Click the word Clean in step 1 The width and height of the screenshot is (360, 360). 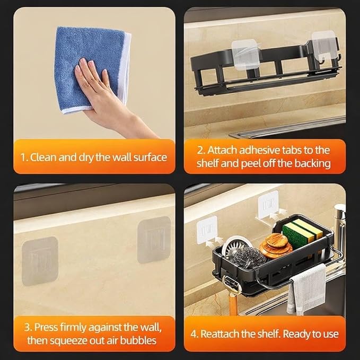click(x=43, y=157)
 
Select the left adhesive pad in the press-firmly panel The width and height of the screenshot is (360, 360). click(x=40, y=261)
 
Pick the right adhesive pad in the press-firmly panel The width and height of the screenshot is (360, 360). click(x=154, y=240)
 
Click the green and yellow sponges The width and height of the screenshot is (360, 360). click(x=302, y=231)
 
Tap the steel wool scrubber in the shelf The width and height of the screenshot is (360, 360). click(x=249, y=257)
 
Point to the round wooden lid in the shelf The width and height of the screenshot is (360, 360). click(x=276, y=245)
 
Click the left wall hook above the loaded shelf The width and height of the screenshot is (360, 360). click(x=207, y=230)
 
